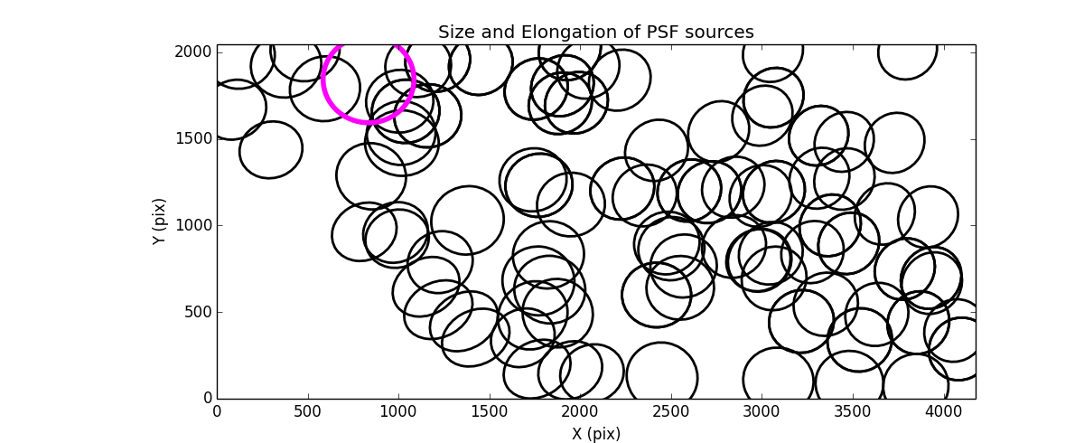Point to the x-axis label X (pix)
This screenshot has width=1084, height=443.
[x=596, y=434]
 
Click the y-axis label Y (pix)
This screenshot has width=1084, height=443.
[x=160, y=221]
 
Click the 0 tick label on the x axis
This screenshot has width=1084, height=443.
[x=217, y=411]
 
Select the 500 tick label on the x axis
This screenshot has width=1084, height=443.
[x=308, y=411]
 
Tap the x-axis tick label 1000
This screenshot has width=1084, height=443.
[x=398, y=411]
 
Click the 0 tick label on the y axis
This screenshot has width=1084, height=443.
[x=206, y=399]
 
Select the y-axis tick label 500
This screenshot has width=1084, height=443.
[x=199, y=312]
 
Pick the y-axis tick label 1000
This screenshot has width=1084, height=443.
[x=195, y=225]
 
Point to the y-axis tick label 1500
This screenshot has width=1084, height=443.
[x=195, y=138]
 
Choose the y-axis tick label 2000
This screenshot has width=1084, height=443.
[x=195, y=52]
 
